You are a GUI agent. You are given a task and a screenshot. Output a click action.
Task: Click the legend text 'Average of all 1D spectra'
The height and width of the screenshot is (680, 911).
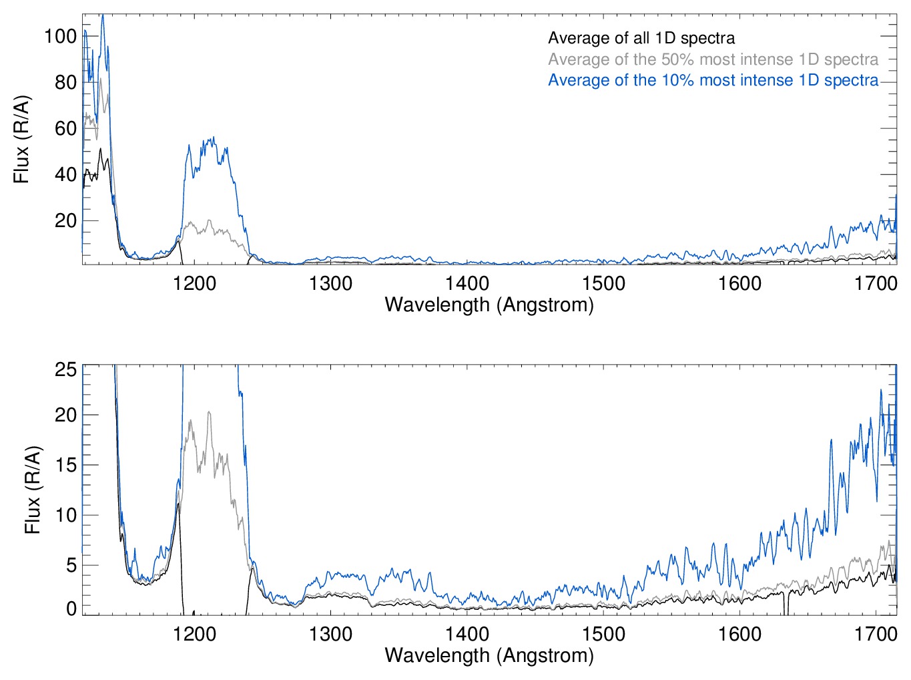click(641, 38)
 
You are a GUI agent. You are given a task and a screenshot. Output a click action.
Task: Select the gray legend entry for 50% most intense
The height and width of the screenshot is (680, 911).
click(713, 59)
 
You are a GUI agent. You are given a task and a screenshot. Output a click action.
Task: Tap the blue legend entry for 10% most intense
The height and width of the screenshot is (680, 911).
click(713, 80)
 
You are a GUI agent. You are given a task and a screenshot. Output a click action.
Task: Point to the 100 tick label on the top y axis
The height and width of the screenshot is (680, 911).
click(61, 36)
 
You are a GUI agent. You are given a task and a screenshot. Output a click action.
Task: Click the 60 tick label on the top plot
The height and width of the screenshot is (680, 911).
click(65, 128)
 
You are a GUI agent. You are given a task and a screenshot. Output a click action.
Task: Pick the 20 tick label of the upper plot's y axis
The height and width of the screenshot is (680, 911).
click(65, 220)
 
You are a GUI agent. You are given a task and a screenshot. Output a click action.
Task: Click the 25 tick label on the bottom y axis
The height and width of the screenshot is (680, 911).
click(65, 369)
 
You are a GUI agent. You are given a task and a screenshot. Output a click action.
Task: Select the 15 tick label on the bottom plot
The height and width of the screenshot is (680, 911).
click(65, 465)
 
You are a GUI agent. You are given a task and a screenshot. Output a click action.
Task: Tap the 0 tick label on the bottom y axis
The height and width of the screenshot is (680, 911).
click(71, 609)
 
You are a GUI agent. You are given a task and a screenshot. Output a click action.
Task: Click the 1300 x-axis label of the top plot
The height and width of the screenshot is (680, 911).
click(330, 283)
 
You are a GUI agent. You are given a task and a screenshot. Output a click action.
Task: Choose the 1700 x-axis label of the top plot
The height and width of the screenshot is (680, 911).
click(876, 283)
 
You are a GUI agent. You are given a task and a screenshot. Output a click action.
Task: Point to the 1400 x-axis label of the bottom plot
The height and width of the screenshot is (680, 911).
click(467, 633)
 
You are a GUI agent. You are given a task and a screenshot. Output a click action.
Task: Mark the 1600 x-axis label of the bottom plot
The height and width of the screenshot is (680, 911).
click(739, 633)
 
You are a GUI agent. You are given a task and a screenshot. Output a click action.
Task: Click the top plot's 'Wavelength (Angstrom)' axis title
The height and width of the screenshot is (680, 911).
click(489, 305)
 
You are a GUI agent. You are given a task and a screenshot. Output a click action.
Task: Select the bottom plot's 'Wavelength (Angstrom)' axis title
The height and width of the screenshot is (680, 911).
click(489, 655)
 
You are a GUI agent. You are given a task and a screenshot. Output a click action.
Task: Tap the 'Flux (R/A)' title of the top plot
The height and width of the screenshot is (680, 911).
click(21, 140)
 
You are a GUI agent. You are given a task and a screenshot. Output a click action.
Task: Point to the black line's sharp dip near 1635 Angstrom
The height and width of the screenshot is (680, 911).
click(786, 609)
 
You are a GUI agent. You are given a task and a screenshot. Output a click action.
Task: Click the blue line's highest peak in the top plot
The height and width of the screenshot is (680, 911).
click(102, 15)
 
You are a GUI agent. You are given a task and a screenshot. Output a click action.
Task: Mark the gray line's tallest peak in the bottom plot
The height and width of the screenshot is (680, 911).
click(209, 413)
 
